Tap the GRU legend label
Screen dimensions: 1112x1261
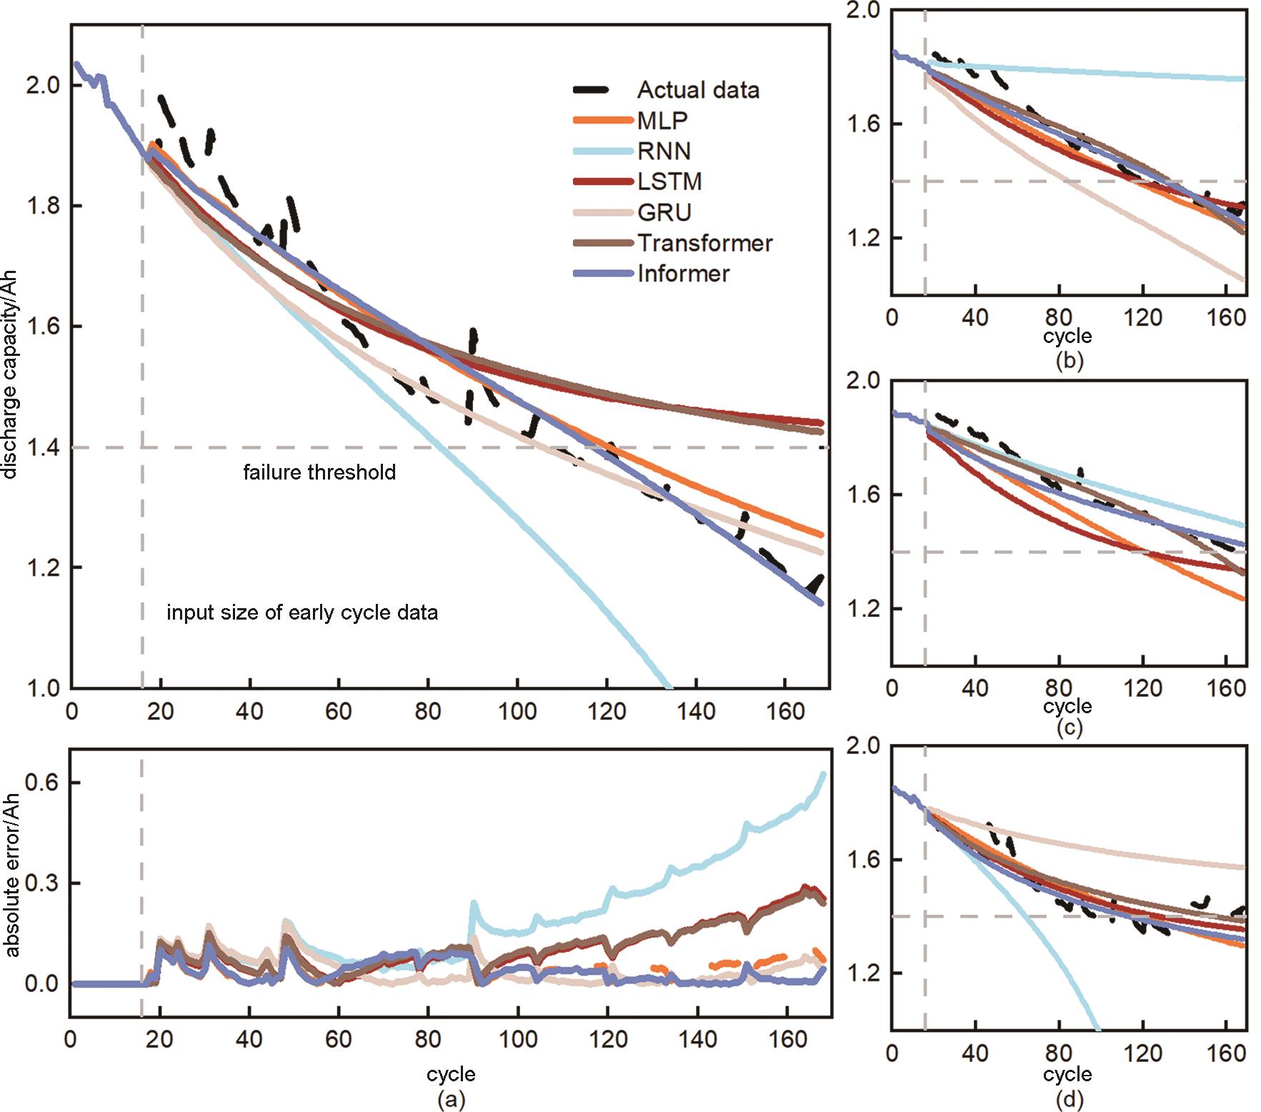(x=664, y=213)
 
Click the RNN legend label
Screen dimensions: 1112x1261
(x=664, y=152)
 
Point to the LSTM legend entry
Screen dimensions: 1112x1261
(x=669, y=182)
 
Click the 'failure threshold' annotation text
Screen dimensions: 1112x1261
(x=319, y=473)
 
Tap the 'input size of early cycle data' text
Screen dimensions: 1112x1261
(x=302, y=613)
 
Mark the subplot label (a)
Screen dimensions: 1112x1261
(x=451, y=1099)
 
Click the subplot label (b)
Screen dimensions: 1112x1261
(x=1069, y=361)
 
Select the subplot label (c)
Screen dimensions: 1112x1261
(x=1069, y=728)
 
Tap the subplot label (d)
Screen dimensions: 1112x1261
(x=1069, y=1099)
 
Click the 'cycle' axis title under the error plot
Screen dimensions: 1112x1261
(x=451, y=1074)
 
